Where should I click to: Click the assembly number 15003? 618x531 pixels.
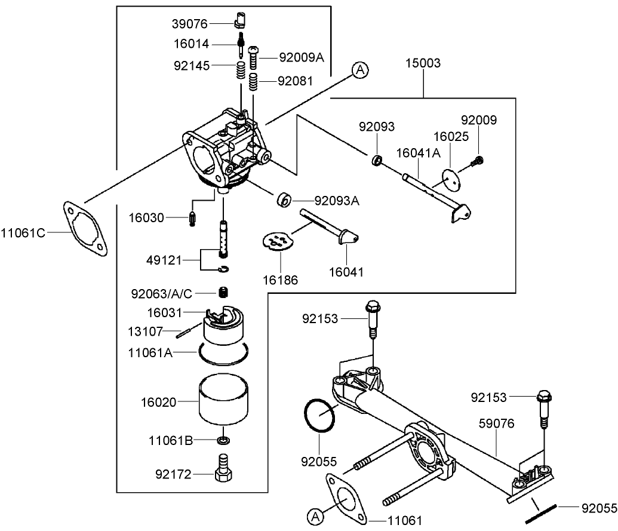coord(423,63)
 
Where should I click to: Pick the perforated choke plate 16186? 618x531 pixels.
coord(279,240)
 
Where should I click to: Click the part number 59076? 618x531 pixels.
coord(497,423)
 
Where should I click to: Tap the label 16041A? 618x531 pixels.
coord(418,153)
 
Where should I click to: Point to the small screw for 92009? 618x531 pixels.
coord(478,159)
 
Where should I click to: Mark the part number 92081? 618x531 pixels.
coord(295,81)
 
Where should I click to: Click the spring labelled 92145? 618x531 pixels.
coord(240,70)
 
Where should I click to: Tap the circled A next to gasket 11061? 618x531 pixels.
coord(315,515)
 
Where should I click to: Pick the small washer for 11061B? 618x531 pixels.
coord(224,441)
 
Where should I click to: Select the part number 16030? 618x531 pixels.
coord(147,217)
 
